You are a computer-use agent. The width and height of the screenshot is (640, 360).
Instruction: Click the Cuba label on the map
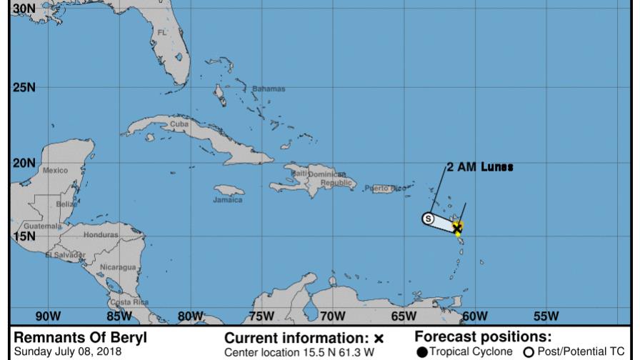[x=177, y=124]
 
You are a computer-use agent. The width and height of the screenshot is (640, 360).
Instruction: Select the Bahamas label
[x=268, y=89]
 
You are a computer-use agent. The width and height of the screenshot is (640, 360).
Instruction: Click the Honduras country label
[x=101, y=234]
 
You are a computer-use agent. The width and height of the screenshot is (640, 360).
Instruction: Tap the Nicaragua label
[x=118, y=266]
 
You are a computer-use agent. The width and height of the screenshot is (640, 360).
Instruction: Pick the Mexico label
[x=55, y=171]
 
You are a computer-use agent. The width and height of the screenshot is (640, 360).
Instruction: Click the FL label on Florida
[x=161, y=33]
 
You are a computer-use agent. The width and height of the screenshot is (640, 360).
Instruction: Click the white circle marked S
[x=428, y=219]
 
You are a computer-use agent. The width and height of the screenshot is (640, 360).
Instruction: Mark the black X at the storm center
[x=457, y=228]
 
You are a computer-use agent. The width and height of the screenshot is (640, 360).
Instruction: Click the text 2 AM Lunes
[x=480, y=166]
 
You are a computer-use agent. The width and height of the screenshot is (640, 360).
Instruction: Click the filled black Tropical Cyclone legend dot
[x=422, y=351]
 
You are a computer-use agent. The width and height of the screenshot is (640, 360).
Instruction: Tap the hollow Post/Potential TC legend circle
[x=529, y=351]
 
